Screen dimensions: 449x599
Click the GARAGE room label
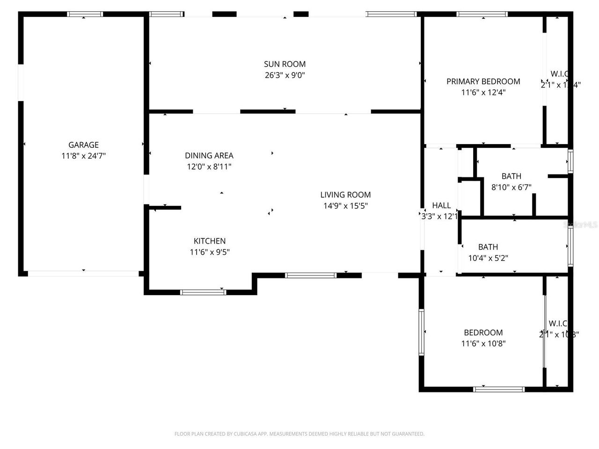[83, 145]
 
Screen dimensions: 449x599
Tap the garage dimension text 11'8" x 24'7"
[83, 156]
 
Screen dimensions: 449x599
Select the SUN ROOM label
[285, 64]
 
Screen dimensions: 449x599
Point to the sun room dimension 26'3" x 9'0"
[285, 75]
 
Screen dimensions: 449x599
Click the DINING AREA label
[209, 156]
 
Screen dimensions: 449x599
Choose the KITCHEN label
[210, 241]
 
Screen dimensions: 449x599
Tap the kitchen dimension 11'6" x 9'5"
[210, 252]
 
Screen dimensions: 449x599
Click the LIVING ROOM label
[345, 195]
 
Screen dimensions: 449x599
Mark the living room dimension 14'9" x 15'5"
[345, 206]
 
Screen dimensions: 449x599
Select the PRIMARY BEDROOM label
[483, 81]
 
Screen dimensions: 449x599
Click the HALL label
[441, 205]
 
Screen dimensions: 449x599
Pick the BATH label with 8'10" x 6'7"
[511, 176]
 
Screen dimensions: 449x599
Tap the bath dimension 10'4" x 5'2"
[488, 258]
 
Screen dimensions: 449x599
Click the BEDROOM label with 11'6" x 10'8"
[483, 333]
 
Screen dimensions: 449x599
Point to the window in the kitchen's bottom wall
[203, 292]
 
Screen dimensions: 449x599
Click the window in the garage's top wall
[85, 14]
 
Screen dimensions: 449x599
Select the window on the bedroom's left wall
[421, 332]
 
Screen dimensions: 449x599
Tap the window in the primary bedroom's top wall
[482, 14]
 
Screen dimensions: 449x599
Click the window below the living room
[311, 275]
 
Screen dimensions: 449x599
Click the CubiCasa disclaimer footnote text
[299, 434]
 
